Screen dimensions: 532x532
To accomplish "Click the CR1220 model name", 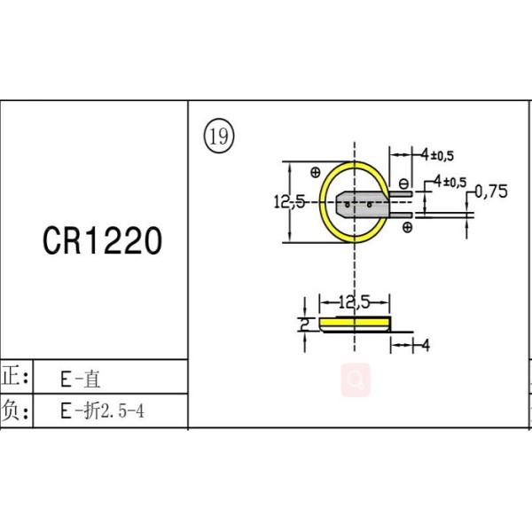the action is [102, 240].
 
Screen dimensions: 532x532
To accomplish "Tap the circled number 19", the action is [219, 136].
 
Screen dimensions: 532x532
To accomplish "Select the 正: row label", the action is [15, 377].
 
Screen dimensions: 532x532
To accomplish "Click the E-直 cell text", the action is [81, 379].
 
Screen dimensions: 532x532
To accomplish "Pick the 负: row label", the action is [15, 411].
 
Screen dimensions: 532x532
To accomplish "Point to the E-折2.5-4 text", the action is [102, 411].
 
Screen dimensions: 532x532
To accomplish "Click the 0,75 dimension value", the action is [491, 192].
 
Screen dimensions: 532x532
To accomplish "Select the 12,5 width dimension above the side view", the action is [354, 302].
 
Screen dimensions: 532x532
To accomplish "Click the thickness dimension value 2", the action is [304, 324].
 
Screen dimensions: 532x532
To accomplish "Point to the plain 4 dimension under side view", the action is [426, 345].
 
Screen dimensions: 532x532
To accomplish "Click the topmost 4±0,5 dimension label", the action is [437, 155].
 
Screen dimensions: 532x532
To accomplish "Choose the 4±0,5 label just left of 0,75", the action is [450, 182].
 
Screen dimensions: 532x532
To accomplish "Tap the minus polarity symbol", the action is [403, 184].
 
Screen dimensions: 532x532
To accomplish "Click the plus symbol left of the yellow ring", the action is [316, 172].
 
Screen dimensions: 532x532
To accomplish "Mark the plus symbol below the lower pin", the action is [408, 227].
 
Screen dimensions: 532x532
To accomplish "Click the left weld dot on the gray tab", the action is [347, 205].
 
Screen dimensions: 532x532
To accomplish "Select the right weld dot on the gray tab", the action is [369, 205].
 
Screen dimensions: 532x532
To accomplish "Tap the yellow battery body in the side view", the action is [355, 324].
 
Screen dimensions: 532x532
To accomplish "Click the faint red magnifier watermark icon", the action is [356, 380].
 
